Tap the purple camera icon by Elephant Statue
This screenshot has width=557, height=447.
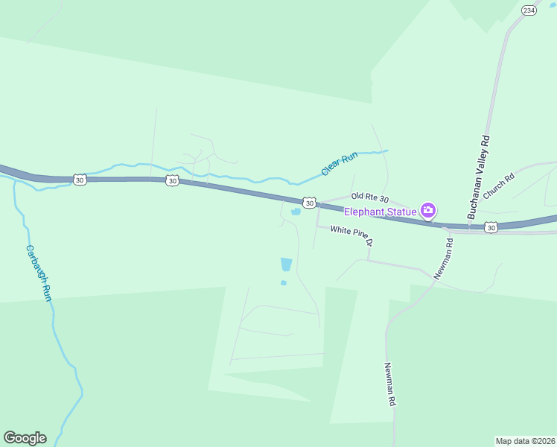428,211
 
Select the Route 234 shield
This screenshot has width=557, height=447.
529,10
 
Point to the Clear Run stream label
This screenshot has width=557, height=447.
340,164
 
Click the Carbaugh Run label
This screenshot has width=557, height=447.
38,273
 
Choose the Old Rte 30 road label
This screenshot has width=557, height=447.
371,199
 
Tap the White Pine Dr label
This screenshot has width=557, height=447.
351,237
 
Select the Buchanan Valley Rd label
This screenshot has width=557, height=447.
479,177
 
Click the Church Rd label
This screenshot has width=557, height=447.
499,187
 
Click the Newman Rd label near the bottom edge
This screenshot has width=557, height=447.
389,384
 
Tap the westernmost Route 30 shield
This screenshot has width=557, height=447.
80,180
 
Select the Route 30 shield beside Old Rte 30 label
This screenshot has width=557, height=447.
310,203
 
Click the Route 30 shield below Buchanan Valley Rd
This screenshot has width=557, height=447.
491,227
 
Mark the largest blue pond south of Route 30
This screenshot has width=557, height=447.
286,264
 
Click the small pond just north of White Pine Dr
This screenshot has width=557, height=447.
296,212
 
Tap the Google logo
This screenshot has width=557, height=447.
25,438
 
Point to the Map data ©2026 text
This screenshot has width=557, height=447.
525,440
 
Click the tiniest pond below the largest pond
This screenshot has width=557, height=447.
283,283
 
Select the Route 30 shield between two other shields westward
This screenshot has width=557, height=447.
172,181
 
